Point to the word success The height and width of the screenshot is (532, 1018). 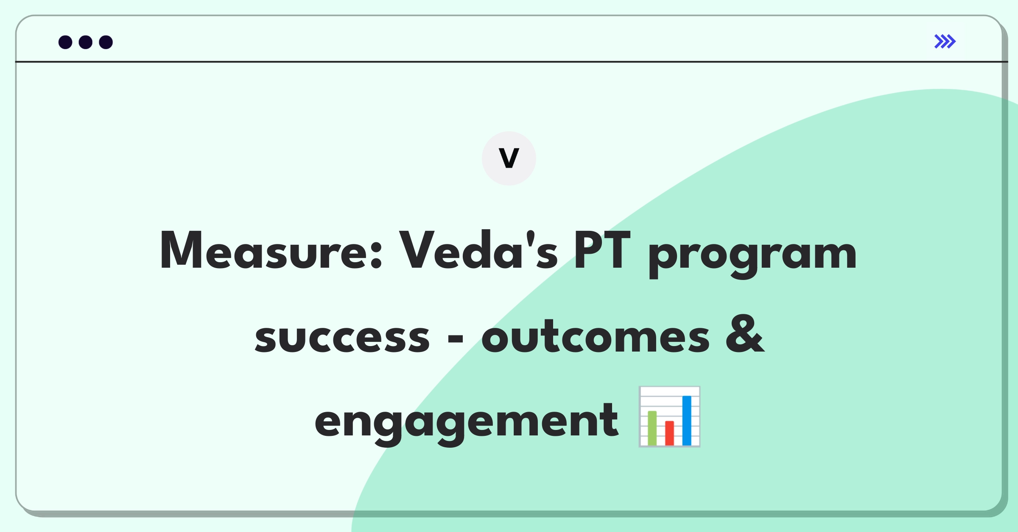342,338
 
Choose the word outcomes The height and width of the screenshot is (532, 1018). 595,335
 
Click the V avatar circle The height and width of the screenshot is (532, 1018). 509,158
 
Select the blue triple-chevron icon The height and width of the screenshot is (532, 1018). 945,42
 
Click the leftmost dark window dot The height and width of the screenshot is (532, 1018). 65,42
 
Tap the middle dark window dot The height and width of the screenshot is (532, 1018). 86,42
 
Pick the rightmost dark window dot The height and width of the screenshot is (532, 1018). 106,42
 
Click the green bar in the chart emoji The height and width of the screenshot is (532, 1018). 652,428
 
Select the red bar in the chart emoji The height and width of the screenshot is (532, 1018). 670,433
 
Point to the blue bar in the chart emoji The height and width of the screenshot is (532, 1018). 687,420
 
